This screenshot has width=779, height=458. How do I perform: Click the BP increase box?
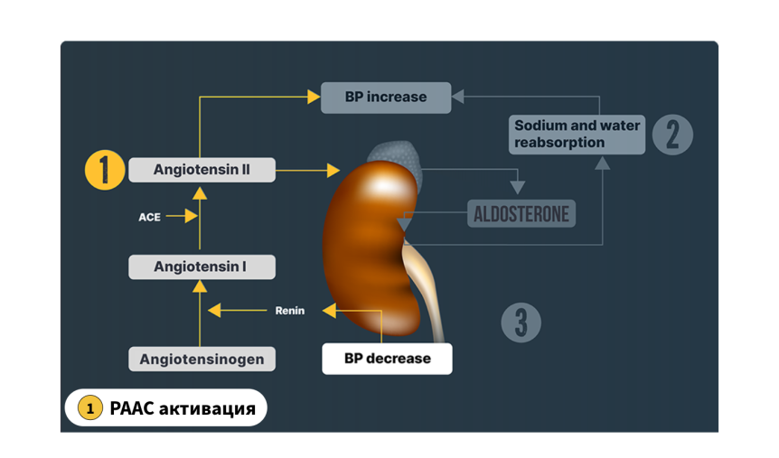[386, 98]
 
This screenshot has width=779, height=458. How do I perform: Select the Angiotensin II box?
[202, 170]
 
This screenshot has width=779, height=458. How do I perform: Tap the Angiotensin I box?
[202, 266]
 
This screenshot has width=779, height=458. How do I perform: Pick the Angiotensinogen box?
[202, 359]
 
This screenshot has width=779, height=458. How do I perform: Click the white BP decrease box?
[387, 358]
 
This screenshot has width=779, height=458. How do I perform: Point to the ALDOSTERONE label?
[521, 213]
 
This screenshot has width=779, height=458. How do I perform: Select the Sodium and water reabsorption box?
[577, 134]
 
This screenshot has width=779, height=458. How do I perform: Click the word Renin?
[290, 311]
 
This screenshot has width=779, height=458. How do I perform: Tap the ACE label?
[149, 217]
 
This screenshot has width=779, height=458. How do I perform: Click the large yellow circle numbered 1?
[105, 170]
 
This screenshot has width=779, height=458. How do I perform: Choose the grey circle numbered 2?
[672, 135]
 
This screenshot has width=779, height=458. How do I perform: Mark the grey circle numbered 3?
[521, 322]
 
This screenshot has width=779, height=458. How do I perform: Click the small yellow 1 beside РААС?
[90, 407]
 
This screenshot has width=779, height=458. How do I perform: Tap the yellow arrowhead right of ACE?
[192, 216]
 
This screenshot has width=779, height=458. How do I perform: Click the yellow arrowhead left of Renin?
[214, 311]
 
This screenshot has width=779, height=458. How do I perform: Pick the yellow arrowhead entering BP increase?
[314, 97]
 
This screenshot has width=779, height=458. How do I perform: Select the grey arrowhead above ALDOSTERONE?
[518, 187]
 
